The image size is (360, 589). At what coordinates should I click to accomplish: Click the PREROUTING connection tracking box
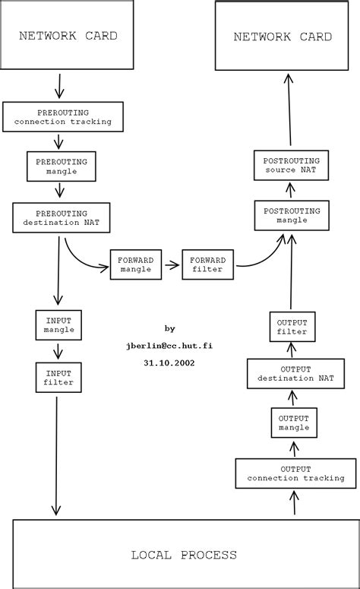(62, 116)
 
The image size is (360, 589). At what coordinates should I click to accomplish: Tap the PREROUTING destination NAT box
(62, 218)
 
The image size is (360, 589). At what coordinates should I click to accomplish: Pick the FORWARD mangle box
(136, 264)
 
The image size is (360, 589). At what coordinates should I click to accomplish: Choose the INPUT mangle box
(58, 325)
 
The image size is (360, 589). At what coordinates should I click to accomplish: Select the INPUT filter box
(58, 378)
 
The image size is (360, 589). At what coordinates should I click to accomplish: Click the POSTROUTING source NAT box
(291, 165)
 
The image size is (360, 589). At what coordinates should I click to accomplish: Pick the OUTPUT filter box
(292, 326)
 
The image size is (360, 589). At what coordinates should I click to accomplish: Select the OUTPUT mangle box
(293, 422)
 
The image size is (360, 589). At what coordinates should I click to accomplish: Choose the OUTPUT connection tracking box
(295, 473)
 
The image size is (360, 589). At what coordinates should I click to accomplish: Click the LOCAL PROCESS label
(184, 555)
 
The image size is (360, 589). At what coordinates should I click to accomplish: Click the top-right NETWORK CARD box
(283, 36)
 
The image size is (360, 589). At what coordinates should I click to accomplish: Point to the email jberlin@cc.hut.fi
(169, 345)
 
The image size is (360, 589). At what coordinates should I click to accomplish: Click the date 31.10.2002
(169, 363)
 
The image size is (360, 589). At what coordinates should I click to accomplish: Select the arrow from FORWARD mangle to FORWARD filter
(172, 265)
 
